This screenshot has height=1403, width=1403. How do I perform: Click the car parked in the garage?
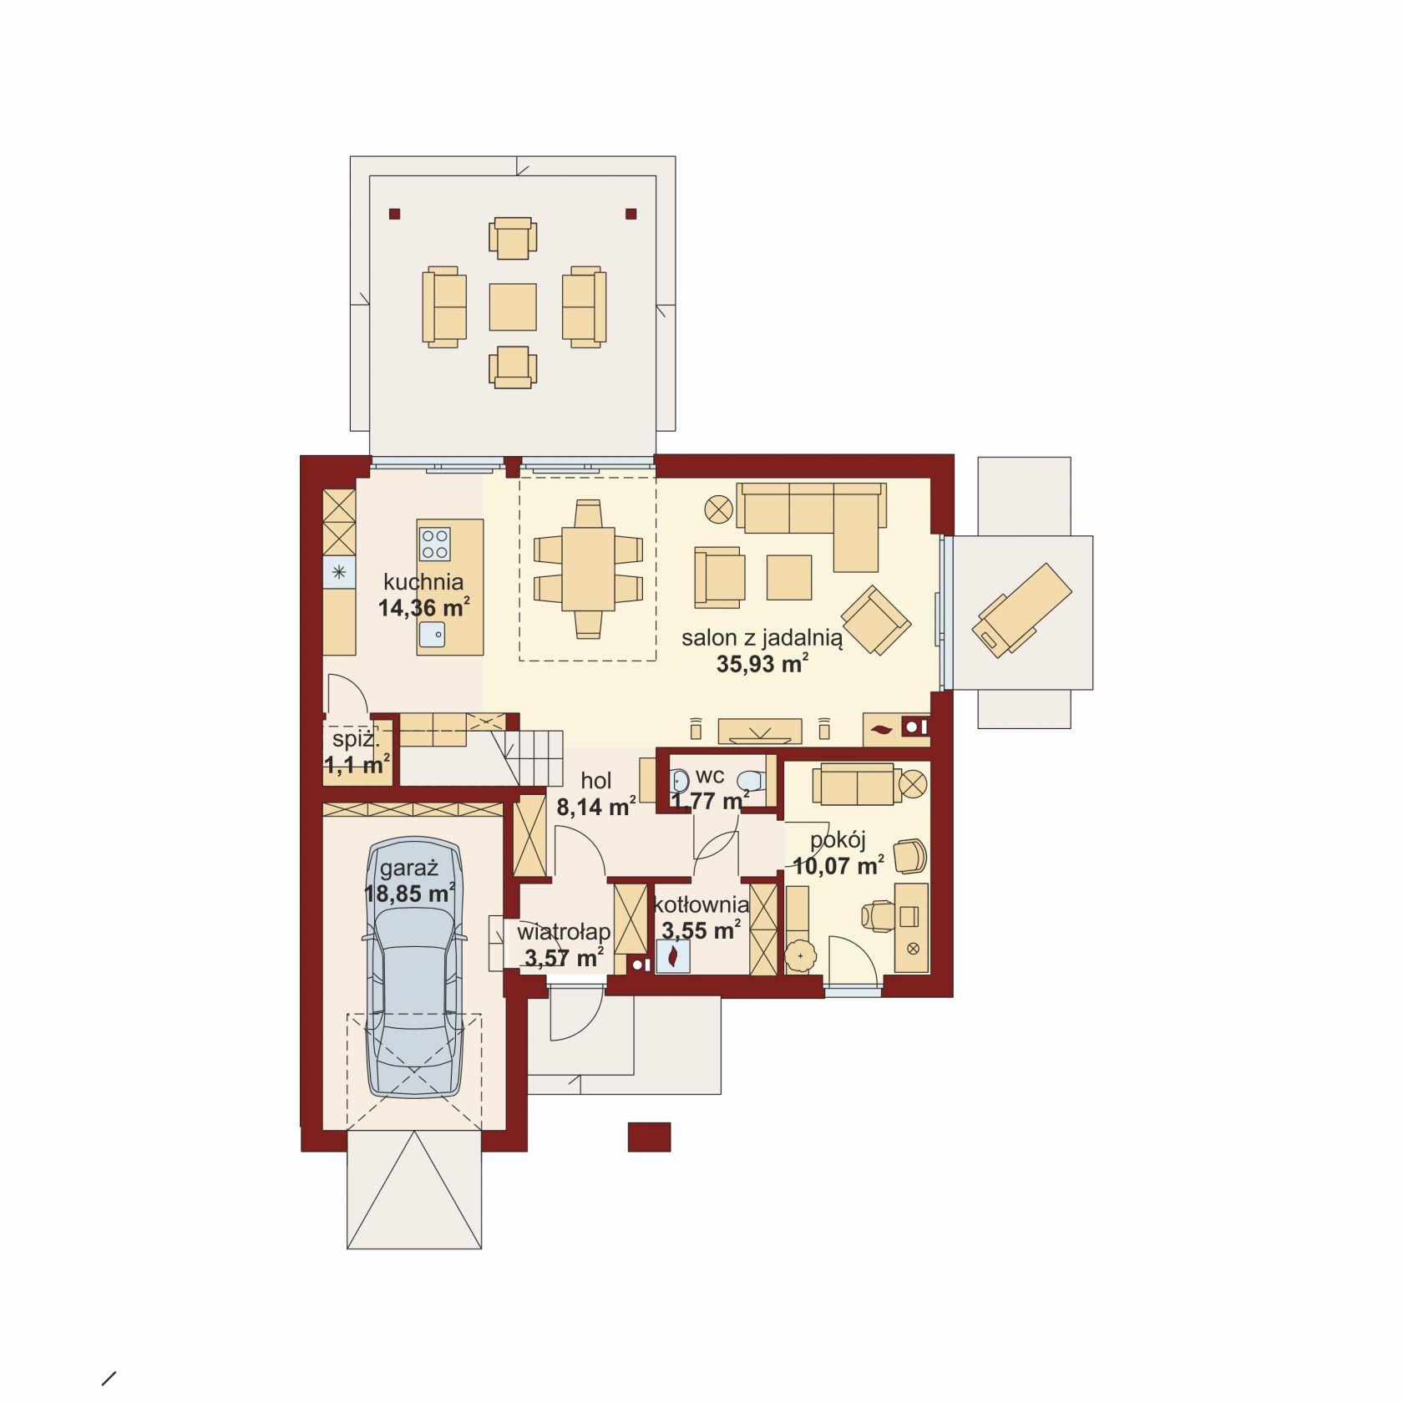click(x=415, y=966)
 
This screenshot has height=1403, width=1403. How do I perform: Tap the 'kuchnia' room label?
click(x=423, y=582)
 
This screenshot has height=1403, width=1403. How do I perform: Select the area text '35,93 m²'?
click(x=762, y=664)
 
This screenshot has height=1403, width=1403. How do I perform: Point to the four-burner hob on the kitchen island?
click(x=434, y=544)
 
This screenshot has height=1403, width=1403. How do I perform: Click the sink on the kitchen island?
click(x=433, y=636)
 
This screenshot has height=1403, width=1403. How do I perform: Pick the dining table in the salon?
click(x=588, y=569)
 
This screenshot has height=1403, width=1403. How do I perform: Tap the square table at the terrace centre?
click(x=513, y=306)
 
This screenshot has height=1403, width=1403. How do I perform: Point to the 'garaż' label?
click(x=409, y=869)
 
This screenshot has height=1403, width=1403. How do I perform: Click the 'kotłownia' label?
click(x=701, y=904)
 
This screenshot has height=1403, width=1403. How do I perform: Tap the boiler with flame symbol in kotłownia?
click(x=673, y=956)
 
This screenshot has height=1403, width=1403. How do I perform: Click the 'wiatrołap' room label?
click(x=564, y=931)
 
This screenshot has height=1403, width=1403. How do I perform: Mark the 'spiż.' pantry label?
click(x=356, y=739)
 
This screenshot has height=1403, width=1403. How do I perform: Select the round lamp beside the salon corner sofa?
click(x=719, y=509)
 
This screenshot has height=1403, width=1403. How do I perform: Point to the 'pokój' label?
click(x=838, y=840)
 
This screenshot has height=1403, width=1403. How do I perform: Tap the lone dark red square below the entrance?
click(x=650, y=1137)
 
